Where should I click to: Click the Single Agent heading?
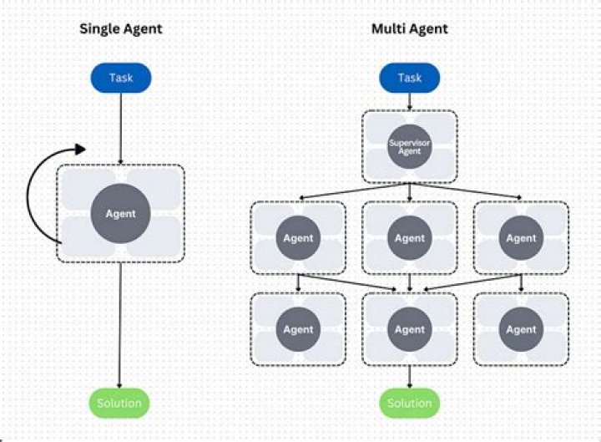[121, 29]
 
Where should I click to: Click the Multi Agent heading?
[409, 29]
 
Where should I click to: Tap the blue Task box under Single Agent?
[121, 79]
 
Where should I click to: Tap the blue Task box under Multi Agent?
[409, 79]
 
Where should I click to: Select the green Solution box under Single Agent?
[120, 404]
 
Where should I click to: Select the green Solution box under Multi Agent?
[409, 404]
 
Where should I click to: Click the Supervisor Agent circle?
[409, 148]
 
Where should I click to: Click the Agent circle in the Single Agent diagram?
[120, 213]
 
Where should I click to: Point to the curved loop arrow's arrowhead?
[79, 150]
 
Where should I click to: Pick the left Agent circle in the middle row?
[298, 238]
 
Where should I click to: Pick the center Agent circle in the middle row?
[409, 238]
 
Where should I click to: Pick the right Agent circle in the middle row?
[521, 238]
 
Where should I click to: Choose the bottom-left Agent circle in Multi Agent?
[298, 329]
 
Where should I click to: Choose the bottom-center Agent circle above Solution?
[409, 329]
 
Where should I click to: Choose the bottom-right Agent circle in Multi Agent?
[521, 329]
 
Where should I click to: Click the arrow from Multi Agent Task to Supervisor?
[409, 101]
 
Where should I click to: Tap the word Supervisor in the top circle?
[409, 143]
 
